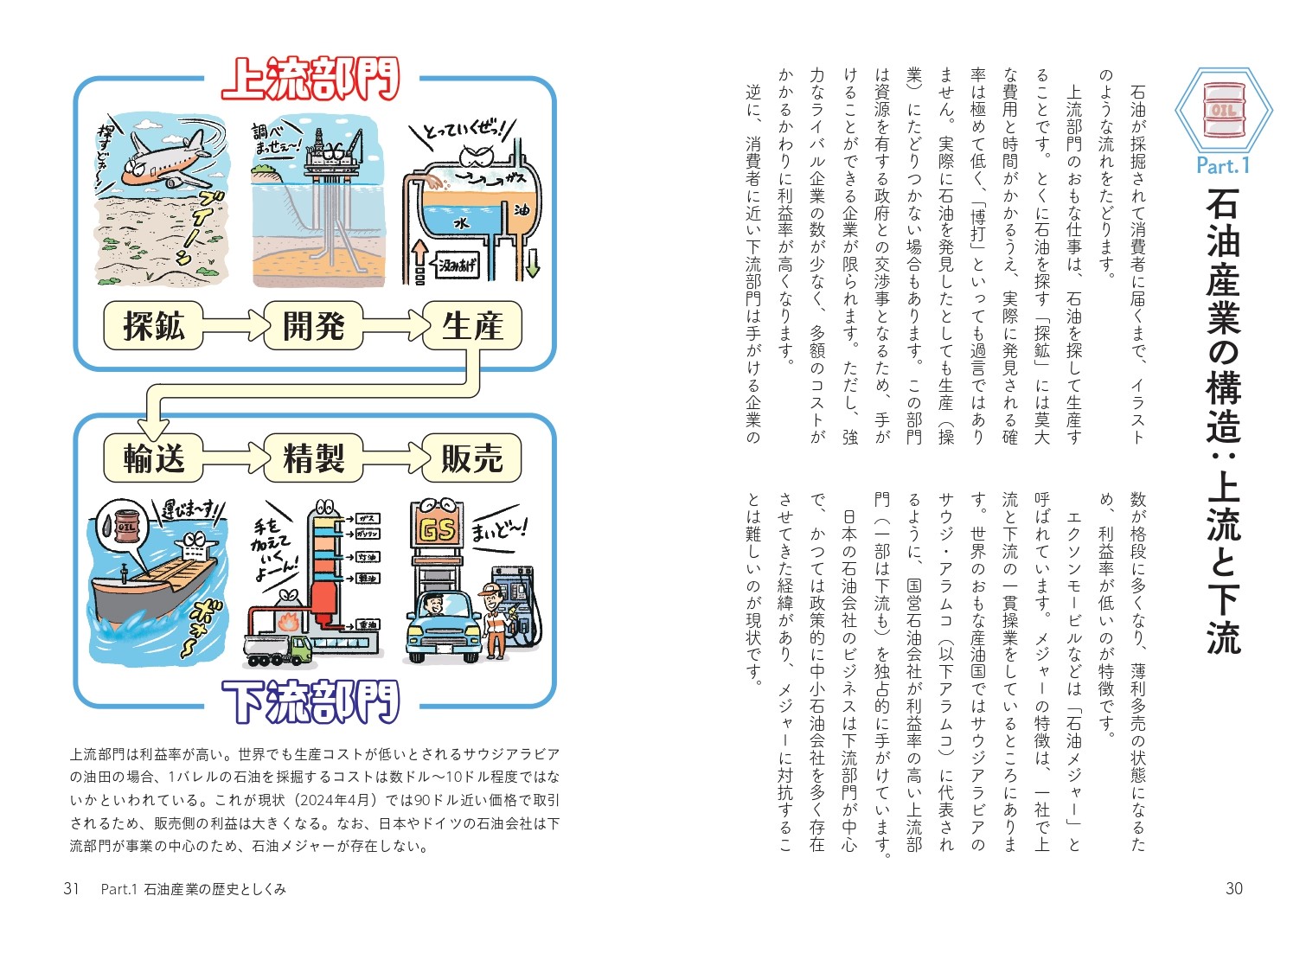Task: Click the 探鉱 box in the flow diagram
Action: tap(153, 326)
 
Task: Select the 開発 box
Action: tap(312, 326)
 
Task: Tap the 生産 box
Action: tap(472, 326)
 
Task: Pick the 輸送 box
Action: tap(153, 458)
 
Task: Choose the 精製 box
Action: tap(312, 458)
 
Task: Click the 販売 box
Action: tap(472, 458)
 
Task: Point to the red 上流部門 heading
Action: tap(311, 80)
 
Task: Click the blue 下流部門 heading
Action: tap(311, 701)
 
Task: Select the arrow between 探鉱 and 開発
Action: tap(233, 326)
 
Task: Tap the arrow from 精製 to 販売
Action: tap(393, 458)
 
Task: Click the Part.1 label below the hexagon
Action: tap(1223, 164)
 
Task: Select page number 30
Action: tap(1233, 888)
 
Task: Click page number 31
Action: tap(72, 888)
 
